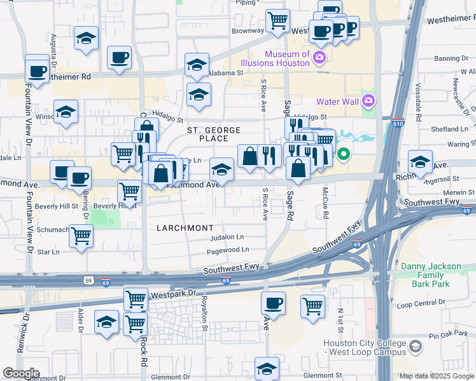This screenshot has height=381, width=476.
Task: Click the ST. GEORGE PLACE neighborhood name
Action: (x=213, y=134)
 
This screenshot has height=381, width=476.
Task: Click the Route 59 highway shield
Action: (x=88, y=280)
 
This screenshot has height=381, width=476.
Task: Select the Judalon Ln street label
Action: (x=227, y=237)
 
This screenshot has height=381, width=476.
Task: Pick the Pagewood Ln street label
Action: (x=228, y=251)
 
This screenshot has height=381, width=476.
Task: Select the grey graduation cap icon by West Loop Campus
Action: (x=416, y=347)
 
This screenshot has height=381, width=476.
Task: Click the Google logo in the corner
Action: (x=21, y=373)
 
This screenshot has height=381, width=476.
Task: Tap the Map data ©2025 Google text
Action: (x=436, y=376)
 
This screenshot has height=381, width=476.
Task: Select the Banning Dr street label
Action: (x=451, y=58)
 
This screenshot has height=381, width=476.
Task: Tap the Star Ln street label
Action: (x=48, y=252)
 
